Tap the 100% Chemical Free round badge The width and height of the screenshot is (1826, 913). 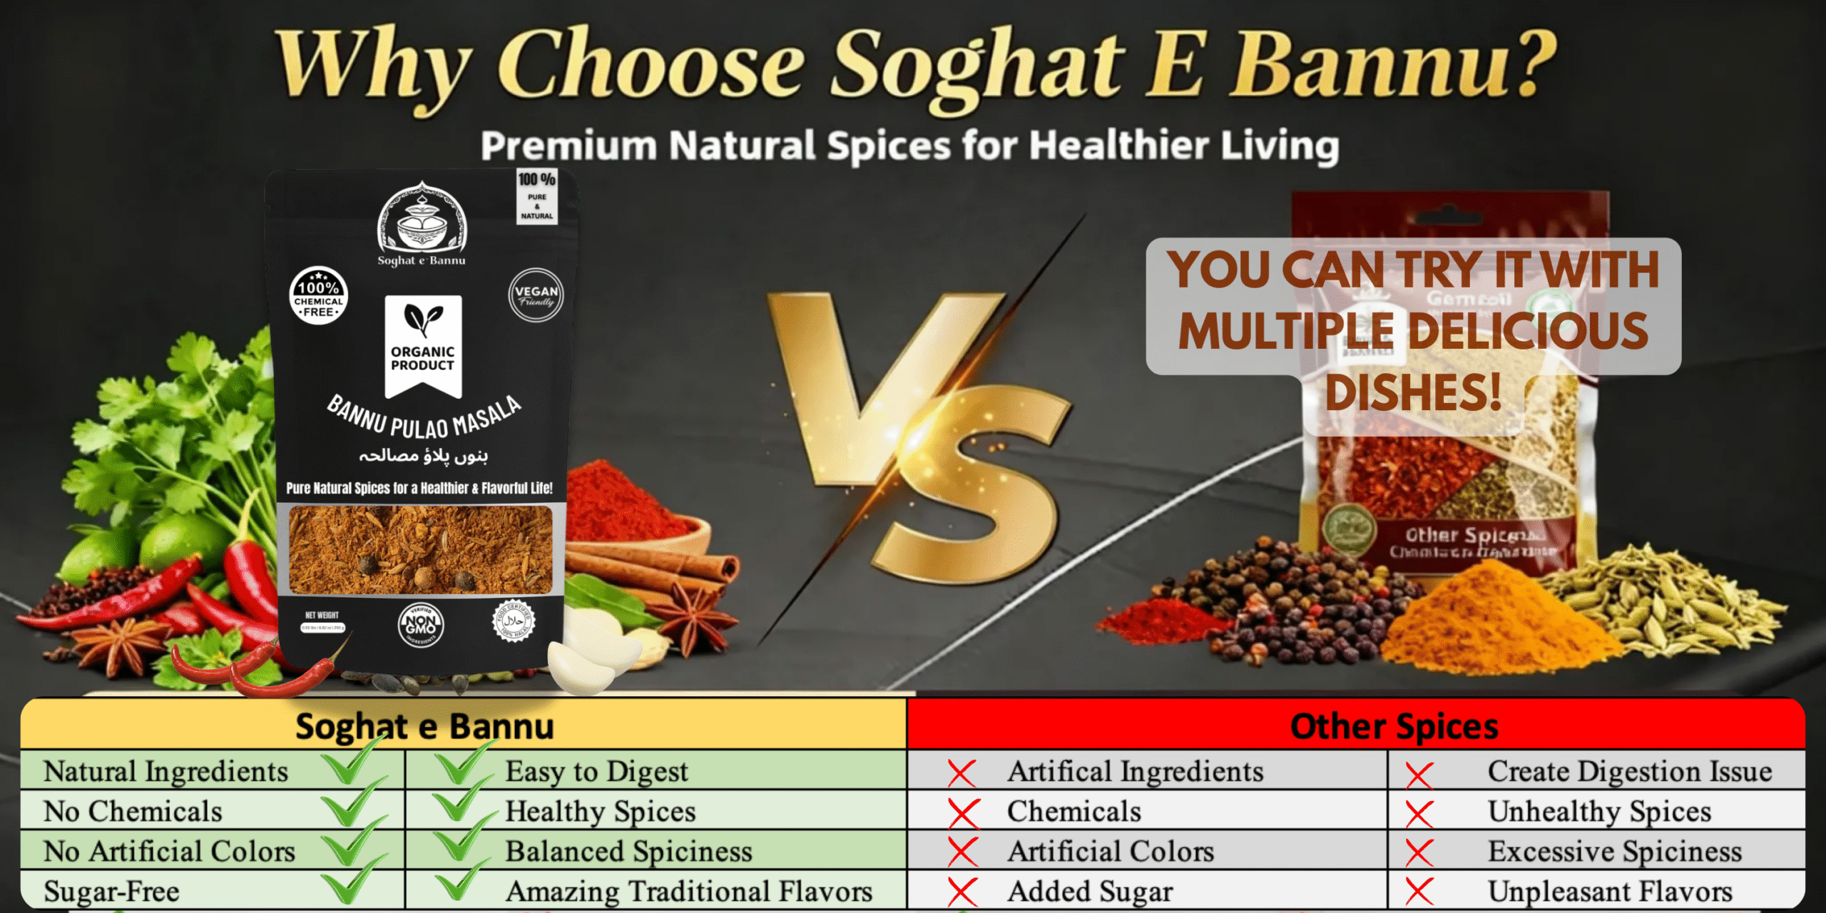coord(318,296)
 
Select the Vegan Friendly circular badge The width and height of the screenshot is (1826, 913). coord(536,295)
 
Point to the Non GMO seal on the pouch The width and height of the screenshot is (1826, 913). coord(421,625)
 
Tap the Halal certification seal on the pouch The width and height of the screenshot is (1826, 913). coord(513,621)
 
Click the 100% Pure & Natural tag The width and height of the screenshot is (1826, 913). coord(536,196)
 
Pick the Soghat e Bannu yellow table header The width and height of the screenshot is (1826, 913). coord(424,726)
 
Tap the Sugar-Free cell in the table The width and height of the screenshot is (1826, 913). coord(112,892)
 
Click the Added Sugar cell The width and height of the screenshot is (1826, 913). coord(1089,892)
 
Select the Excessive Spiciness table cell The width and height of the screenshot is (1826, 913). coord(1614,852)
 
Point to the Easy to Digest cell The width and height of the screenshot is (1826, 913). coord(596,772)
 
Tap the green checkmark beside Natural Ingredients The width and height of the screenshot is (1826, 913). coord(350,767)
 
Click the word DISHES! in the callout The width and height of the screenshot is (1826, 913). coord(1413,392)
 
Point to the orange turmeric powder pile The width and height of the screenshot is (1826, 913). coord(1491,621)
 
